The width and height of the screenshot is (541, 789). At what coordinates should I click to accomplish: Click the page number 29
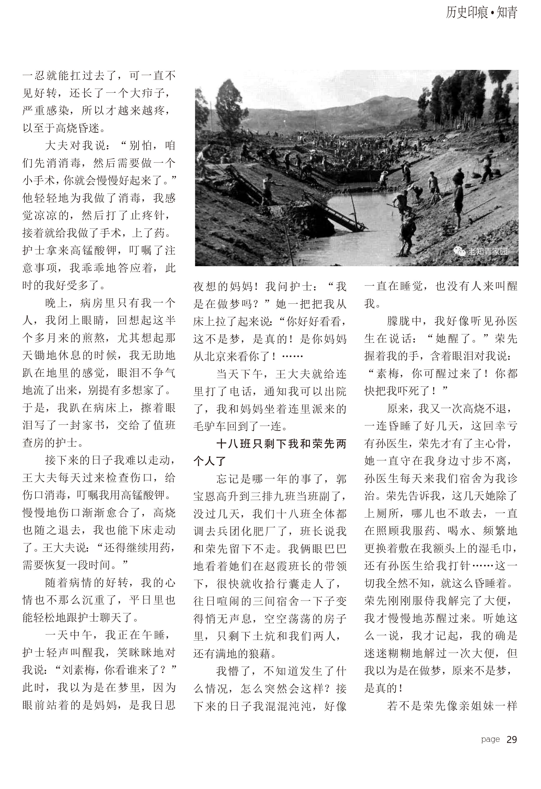click(x=512, y=739)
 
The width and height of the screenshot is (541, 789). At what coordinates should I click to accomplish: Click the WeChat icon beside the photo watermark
click(x=460, y=252)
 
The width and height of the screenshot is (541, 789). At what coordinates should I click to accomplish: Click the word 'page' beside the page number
click(x=490, y=739)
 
